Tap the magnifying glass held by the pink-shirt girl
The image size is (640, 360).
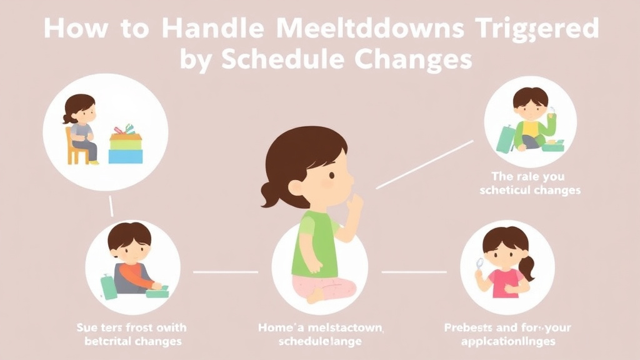(480, 266)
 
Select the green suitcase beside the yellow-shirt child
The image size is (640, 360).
(504, 139)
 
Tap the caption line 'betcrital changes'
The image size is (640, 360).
(132, 341)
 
